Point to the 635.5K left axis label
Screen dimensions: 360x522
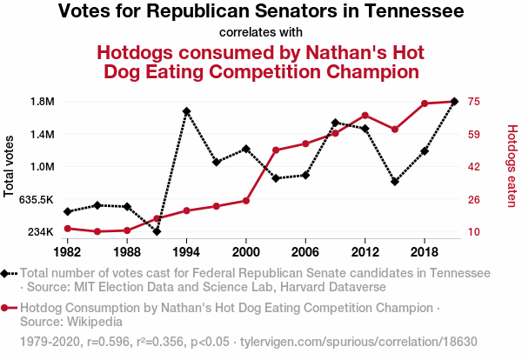tap(36, 199)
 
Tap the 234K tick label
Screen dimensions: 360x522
tap(40, 232)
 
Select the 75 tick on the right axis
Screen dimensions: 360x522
tap(474, 102)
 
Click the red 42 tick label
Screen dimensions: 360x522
tap(474, 167)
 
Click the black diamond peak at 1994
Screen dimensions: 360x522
tap(186, 111)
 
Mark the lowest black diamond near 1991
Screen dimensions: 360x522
tap(157, 231)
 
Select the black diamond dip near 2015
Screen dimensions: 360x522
tap(395, 182)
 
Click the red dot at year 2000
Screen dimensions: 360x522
tap(246, 201)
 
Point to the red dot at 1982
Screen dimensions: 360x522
tap(67, 229)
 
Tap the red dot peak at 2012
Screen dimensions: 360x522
tap(365, 115)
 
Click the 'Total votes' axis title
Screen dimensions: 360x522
tap(10, 166)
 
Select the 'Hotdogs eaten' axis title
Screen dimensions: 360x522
tap(512, 166)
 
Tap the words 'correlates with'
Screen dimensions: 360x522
tap(260, 33)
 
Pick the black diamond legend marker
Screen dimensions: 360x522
tap(6, 273)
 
